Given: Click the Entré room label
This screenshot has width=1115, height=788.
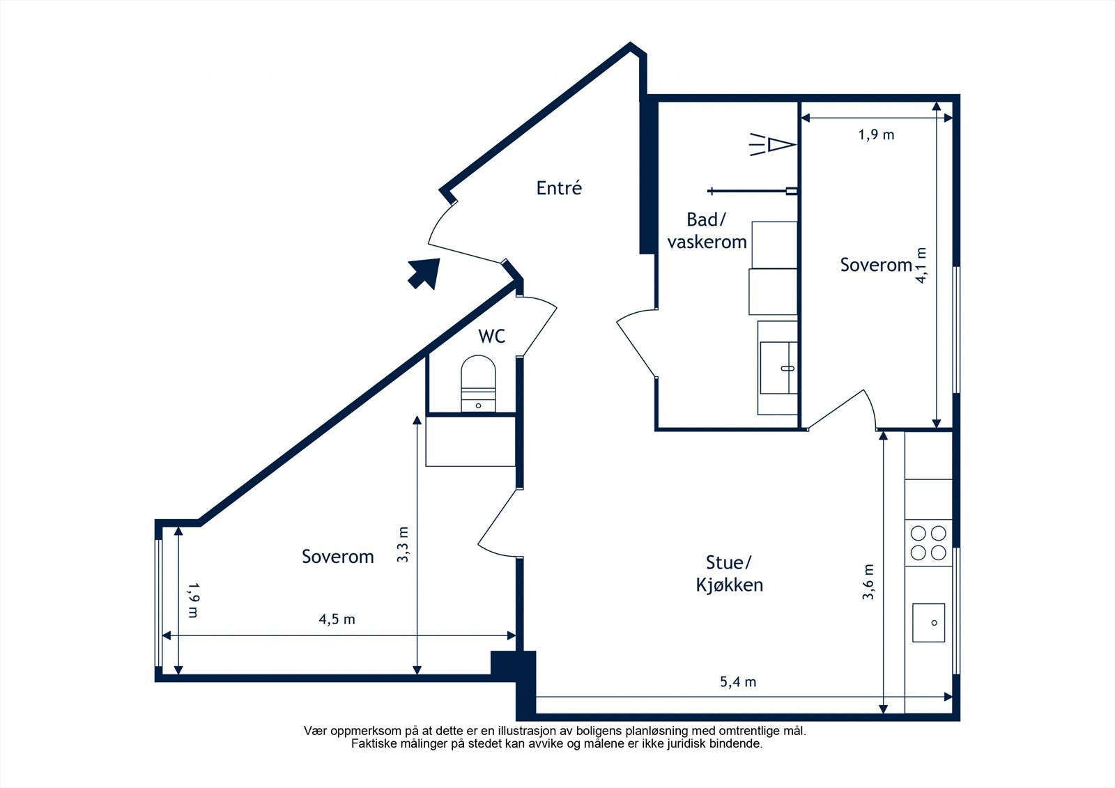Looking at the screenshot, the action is coord(558,187).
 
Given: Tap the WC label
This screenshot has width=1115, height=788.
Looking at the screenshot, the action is coord(492,336).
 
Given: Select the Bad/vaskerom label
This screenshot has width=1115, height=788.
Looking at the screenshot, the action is coord(707,231).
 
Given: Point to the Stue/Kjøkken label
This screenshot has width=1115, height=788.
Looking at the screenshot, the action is coord(729,573).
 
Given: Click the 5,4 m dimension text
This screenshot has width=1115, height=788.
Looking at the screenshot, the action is coord(738,681).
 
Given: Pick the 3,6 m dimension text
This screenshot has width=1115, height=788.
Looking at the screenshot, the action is coord(868,581).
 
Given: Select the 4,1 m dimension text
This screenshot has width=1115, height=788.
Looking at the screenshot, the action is coord(921,265).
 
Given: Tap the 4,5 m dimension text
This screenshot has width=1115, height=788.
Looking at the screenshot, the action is coord(337,619).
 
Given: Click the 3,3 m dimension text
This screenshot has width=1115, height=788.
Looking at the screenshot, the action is coord(403,545).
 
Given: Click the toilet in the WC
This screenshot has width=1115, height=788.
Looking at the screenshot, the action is coord(478,383).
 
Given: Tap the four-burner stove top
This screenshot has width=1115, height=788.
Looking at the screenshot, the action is coord(928,543).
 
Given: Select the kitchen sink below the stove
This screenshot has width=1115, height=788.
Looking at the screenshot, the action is coord(928,623).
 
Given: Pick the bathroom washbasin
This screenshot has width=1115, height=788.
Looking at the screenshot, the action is coord(778,368).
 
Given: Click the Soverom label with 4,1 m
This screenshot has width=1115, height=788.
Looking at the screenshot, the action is coord(876,265).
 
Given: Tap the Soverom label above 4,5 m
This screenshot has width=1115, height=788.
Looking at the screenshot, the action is coord(338,557).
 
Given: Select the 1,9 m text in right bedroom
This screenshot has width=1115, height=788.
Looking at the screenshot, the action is coord(877,134).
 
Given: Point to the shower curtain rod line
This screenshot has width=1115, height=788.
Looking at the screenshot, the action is coord(752,191).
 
